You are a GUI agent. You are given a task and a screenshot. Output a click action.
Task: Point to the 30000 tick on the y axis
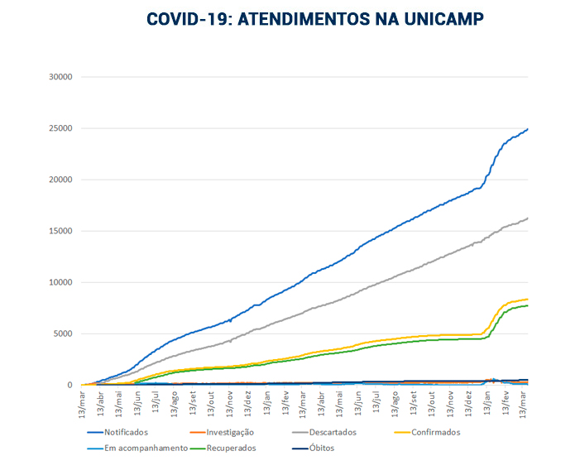(62, 77)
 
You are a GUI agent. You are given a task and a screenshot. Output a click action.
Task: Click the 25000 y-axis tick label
(62, 128)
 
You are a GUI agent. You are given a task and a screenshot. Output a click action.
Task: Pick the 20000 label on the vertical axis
(62, 180)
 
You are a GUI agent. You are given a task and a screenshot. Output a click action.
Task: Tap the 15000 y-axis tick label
(62, 231)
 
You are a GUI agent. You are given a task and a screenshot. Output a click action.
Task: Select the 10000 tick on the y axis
(62, 282)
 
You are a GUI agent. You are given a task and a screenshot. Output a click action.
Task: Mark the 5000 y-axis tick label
(65, 333)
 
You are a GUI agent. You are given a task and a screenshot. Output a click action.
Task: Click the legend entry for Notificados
(126, 432)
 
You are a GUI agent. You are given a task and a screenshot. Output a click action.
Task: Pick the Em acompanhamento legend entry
(140, 449)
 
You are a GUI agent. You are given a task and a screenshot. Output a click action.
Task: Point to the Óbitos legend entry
(319, 449)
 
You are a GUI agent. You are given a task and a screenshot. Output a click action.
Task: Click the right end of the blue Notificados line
(528, 129)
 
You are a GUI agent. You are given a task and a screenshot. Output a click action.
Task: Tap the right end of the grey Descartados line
(528, 218)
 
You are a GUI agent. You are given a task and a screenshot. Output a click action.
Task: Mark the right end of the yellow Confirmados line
(528, 299)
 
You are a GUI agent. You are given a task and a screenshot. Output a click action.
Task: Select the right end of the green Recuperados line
(528, 305)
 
